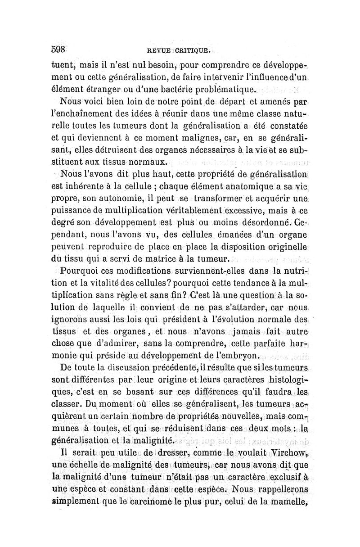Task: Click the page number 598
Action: pyautogui.click(x=59, y=49)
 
